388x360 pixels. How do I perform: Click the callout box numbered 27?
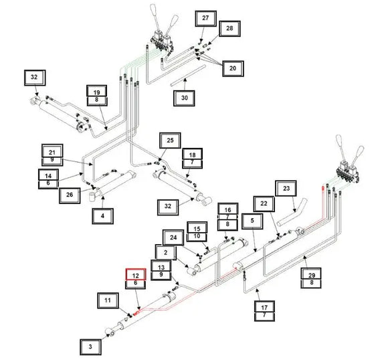point(205,18)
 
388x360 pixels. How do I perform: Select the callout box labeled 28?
point(229,29)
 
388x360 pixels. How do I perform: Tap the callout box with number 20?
point(233,68)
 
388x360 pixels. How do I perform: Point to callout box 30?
point(184,98)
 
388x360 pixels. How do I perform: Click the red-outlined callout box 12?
point(136,275)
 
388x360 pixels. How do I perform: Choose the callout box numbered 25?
point(170,141)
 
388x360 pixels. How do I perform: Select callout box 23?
point(286,189)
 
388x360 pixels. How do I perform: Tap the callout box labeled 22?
point(264,204)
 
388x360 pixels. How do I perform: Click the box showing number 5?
point(252,221)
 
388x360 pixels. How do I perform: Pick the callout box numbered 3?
point(90,347)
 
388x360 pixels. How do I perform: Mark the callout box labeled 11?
point(108,300)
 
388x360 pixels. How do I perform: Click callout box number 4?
point(103,216)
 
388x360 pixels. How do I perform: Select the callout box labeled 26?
point(70,195)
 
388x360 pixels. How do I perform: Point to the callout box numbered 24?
point(173,238)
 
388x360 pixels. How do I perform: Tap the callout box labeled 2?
point(165,252)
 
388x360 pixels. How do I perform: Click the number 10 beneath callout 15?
point(197,236)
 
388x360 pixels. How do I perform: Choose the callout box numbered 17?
point(264,307)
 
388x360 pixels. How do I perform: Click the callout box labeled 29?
point(311,274)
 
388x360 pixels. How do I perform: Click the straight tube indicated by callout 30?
point(188,76)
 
